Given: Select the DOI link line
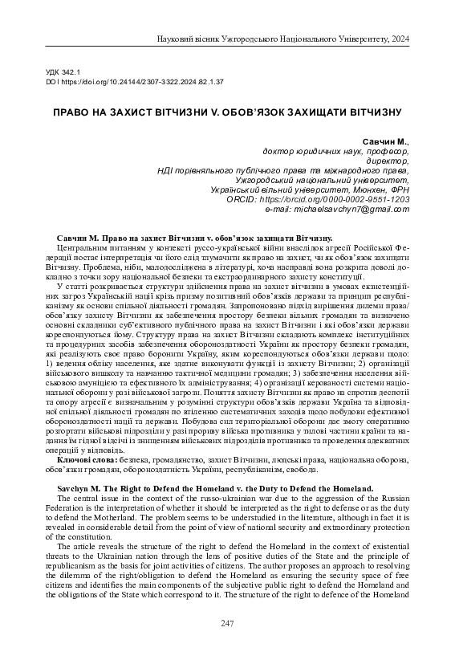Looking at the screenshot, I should pyautogui.click(x=135, y=82).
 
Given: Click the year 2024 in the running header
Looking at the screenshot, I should pyautogui.click(x=398, y=38).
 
